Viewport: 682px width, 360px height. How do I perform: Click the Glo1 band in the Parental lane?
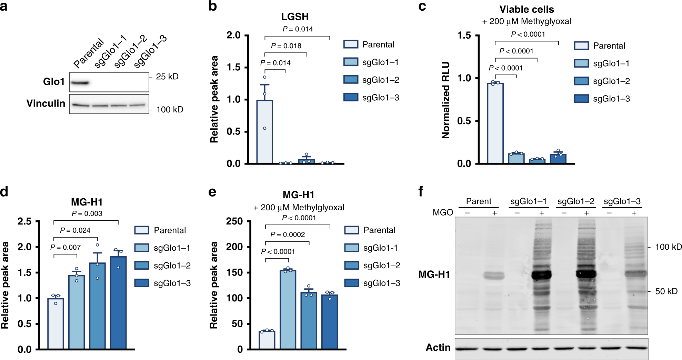[x=80, y=83]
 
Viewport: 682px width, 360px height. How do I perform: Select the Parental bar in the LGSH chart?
[x=264, y=132]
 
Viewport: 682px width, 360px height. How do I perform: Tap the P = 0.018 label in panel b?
[x=286, y=46]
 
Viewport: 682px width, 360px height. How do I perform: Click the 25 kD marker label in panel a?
[x=167, y=77]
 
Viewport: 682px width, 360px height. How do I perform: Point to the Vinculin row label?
[x=46, y=103]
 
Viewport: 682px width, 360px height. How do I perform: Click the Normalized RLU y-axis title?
[x=446, y=100]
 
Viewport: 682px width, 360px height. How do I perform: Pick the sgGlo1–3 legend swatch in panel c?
[x=581, y=99]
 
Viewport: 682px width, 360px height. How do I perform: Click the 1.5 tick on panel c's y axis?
[x=464, y=36]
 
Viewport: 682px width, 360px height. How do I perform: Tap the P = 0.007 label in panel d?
[x=65, y=247]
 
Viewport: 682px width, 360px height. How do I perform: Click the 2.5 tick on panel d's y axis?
[x=24, y=221]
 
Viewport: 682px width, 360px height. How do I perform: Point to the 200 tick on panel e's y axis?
[x=234, y=247]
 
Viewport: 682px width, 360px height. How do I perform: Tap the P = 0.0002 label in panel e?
[x=287, y=235]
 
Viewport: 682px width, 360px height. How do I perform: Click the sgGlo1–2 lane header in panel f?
[x=576, y=201]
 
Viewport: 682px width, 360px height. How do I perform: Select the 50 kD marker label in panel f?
[x=666, y=291]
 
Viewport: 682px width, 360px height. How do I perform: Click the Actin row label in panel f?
[x=438, y=348]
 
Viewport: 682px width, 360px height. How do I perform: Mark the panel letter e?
[x=212, y=192]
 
